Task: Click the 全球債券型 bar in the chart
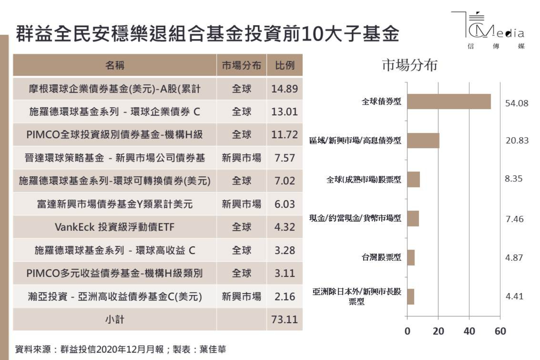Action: click(x=449, y=102)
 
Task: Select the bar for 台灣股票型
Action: click(x=411, y=258)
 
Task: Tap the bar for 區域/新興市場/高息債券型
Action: click(x=423, y=141)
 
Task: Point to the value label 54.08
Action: click(x=516, y=103)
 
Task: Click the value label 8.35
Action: click(x=514, y=179)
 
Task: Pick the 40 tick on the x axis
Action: click(x=469, y=331)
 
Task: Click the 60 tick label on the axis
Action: click(x=500, y=331)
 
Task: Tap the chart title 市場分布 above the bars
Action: click(x=410, y=65)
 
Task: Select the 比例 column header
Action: click(x=284, y=65)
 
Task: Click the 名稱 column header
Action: click(x=115, y=65)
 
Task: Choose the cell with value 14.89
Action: click(x=284, y=89)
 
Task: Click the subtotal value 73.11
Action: click(x=284, y=320)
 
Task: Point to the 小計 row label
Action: click(x=115, y=320)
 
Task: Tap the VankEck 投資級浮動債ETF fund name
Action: click(x=115, y=227)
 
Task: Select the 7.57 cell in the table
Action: click(x=284, y=158)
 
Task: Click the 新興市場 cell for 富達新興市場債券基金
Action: click(x=242, y=204)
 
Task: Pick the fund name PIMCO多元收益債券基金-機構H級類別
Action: click(x=115, y=273)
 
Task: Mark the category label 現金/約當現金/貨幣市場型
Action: click(x=355, y=218)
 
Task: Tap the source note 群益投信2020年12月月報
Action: click(x=112, y=349)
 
